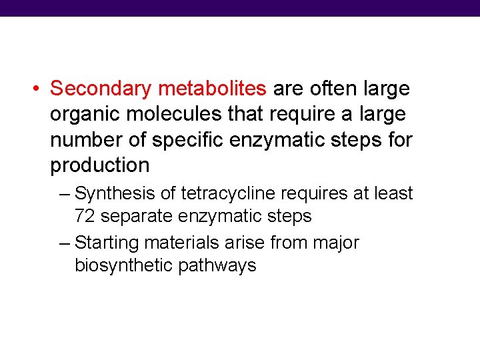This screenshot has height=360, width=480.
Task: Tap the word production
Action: [99, 165]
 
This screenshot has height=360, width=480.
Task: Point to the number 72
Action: [85, 216]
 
